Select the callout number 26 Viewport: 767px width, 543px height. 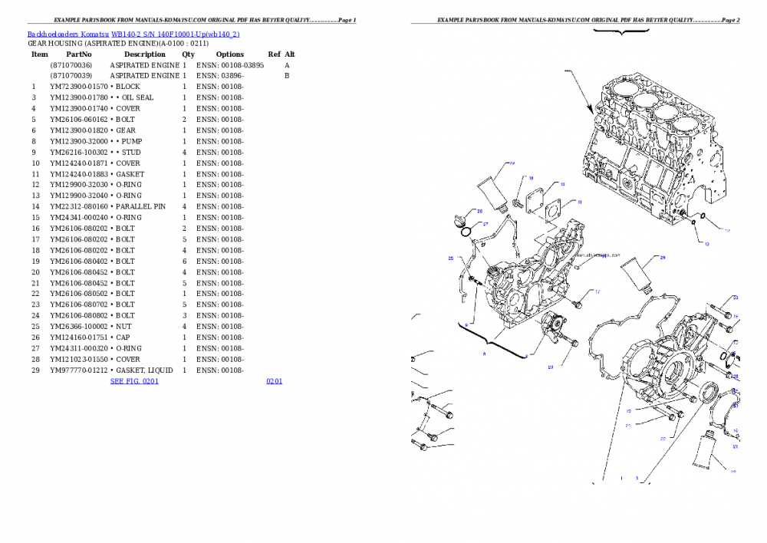[479, 211]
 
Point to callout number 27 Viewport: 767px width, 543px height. [486, 224]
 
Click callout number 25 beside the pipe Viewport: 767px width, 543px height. [451, 258]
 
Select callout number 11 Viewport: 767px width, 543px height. [579, 202]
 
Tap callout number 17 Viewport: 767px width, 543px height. [597, 292]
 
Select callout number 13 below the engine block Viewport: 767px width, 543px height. [706, 244]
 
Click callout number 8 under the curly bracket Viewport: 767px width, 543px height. [484, 354]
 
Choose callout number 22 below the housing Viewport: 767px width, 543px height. [663, 439]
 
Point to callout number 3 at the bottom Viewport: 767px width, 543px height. [636, 478]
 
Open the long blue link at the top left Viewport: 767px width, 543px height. [133, 35]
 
